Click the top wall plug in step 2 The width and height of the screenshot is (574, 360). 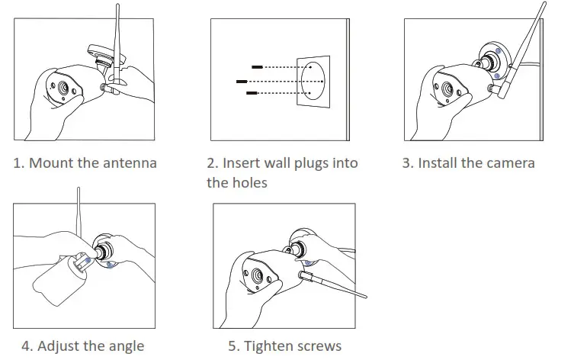(257, 67)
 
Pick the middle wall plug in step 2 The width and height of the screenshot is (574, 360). (242, 80)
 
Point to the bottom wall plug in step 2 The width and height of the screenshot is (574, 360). (251, 93)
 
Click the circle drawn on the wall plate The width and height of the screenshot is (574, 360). (314, 80)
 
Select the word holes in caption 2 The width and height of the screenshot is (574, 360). (249, 183)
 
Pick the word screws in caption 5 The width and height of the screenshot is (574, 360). (321, 346)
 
